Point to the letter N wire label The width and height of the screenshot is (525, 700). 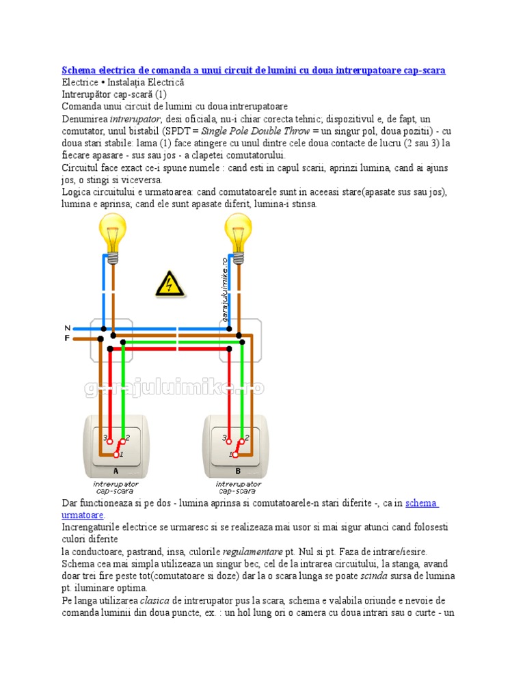[x=67, y=328]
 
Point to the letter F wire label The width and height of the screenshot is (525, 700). [x=67, y=338]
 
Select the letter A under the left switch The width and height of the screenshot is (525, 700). [x=115, y=471]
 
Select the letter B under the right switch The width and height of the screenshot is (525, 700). [x=238, y=471]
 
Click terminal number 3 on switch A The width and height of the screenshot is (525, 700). [x=105, y=437]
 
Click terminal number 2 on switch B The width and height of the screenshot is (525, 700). [x=247, y=437]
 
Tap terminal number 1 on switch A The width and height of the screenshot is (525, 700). [x=121, y=454]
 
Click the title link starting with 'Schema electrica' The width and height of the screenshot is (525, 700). [x=254, y=70]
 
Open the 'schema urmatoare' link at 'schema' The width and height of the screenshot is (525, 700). [x=421, y=503]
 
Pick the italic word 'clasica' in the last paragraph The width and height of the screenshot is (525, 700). [x=157, y=600]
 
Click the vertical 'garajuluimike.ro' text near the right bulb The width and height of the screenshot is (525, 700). [x=224, y=287]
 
